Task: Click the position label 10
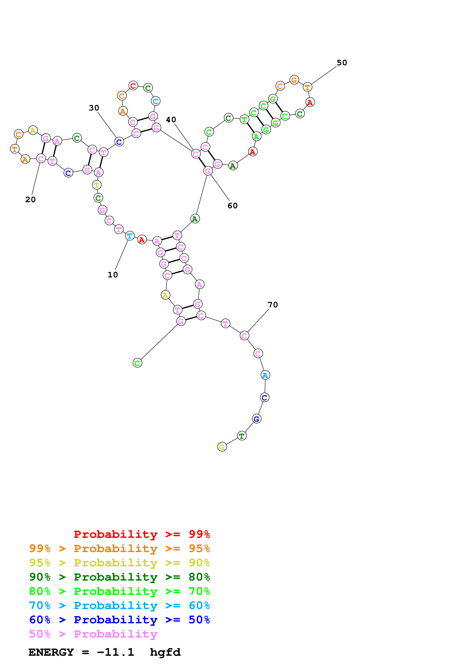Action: [x=113, y=275]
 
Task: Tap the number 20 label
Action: [x=30, y=200]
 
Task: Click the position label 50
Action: [x=342, y=63]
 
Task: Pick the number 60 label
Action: [x=232, y=206]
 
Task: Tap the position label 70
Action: [x=273, y=305]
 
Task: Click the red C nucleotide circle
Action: [x=133, y=86]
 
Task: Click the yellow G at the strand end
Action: [x=222, y=447]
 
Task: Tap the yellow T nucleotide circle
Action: [x=97, y=185]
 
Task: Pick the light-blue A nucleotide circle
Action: [x=265, y=375]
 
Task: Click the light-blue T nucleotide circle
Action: [x=130, y=236]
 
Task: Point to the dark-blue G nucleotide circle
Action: [x=256, y=419]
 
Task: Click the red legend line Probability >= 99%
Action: [x=142, y=534]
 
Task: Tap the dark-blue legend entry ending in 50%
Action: [x=119, y=620]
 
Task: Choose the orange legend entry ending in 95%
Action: [x=119, y=548]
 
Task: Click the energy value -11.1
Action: [x=116, y=652]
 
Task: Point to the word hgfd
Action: [x=165, y=652]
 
